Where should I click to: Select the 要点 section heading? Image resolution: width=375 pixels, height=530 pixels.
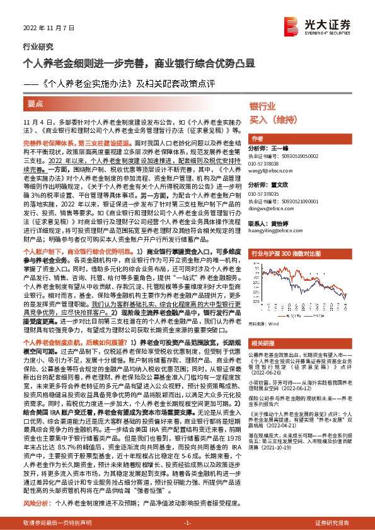point(36,102)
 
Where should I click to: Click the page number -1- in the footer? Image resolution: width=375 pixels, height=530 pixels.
point(187,523)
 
